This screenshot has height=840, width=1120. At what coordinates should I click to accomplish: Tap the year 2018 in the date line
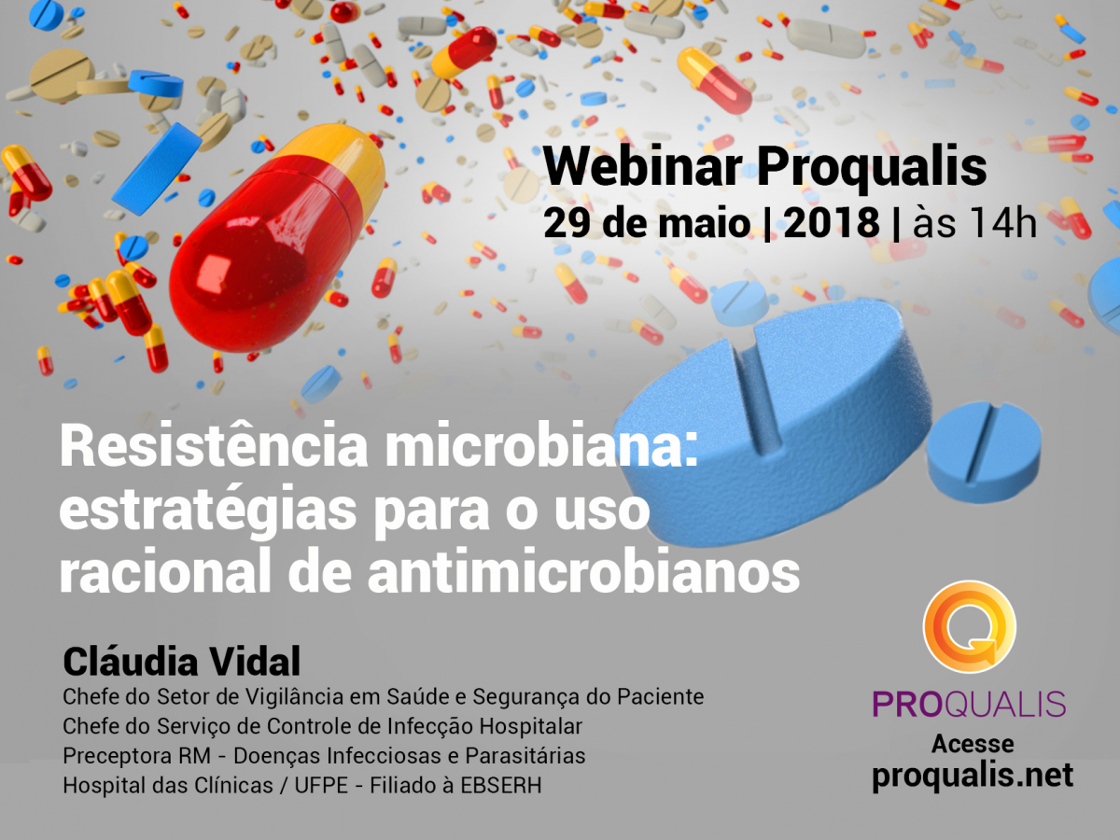(x=832, y=223)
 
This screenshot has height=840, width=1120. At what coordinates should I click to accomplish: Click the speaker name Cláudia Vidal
(x=182, y=661)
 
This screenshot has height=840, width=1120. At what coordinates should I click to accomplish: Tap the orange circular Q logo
(x=970, y=627)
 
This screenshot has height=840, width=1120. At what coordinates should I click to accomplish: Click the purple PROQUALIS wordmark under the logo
(x=969, y=704)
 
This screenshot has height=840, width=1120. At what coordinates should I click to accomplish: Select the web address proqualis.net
(x=973, y=776)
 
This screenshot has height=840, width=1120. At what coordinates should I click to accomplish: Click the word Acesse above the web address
(x=973, y=744)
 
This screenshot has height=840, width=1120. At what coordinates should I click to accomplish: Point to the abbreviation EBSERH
(x=501, y=786)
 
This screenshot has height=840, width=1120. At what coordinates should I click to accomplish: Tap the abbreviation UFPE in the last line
(x=321, y=786)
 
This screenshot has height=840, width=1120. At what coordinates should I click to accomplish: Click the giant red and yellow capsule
(x=277, y=238)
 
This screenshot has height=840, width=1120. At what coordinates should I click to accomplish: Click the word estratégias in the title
(x=208, y=510)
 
